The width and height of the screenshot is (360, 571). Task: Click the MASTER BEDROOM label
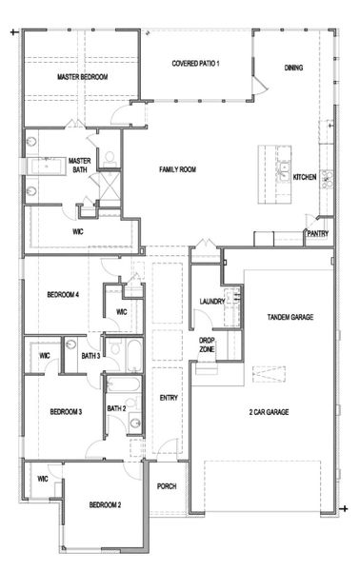82,76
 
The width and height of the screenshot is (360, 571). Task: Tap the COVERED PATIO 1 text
196,64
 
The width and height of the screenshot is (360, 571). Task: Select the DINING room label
294,68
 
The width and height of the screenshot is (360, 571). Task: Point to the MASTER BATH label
79,166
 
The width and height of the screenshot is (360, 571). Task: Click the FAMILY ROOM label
177,169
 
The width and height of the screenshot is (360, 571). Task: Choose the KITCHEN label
305,177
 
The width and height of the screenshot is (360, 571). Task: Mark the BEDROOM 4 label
62,295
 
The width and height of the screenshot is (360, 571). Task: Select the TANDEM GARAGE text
290,317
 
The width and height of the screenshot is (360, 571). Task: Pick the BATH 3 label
90,356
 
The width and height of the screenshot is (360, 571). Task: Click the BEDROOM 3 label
66,411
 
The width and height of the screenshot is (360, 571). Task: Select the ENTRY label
169,398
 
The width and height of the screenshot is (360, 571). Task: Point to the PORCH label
168,485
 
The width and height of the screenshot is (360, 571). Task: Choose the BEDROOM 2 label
105,504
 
